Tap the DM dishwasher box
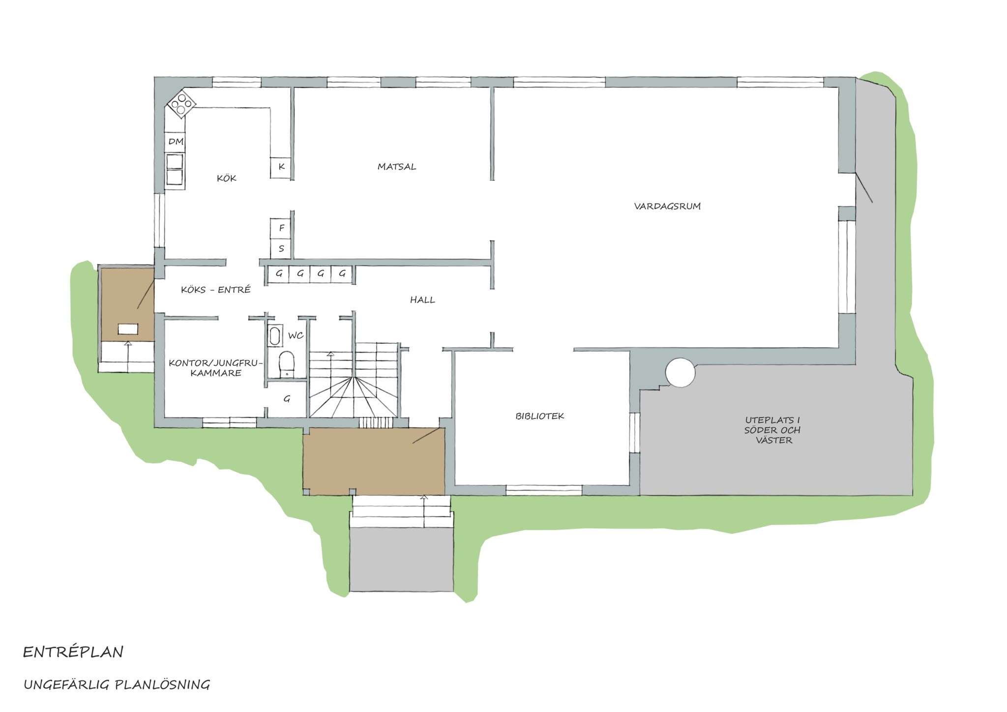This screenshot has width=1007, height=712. [176, 142]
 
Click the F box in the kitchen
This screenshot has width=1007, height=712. [281, 228]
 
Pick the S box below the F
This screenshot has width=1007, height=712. [281, 249]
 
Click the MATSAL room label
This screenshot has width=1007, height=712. [397, 167]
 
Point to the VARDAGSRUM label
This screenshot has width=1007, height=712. [667, 206]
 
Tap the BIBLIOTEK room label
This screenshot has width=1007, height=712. [539, 416]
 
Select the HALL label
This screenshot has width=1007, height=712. [422, 299]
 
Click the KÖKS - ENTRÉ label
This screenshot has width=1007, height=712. [216, 290]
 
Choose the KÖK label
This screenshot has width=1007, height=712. [227, 178]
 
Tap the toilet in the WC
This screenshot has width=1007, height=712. [286, 364]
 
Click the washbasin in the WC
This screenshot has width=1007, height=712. [274, 336]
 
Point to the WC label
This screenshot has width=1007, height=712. [296, 336]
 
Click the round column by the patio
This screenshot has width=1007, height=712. [681, 372]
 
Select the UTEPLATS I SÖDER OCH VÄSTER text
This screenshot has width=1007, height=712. [772, 430]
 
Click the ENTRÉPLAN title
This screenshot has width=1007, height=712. [73, 652]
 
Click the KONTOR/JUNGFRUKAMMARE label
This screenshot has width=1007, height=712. [213, 368]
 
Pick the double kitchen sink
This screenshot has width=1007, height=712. [175, 170]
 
